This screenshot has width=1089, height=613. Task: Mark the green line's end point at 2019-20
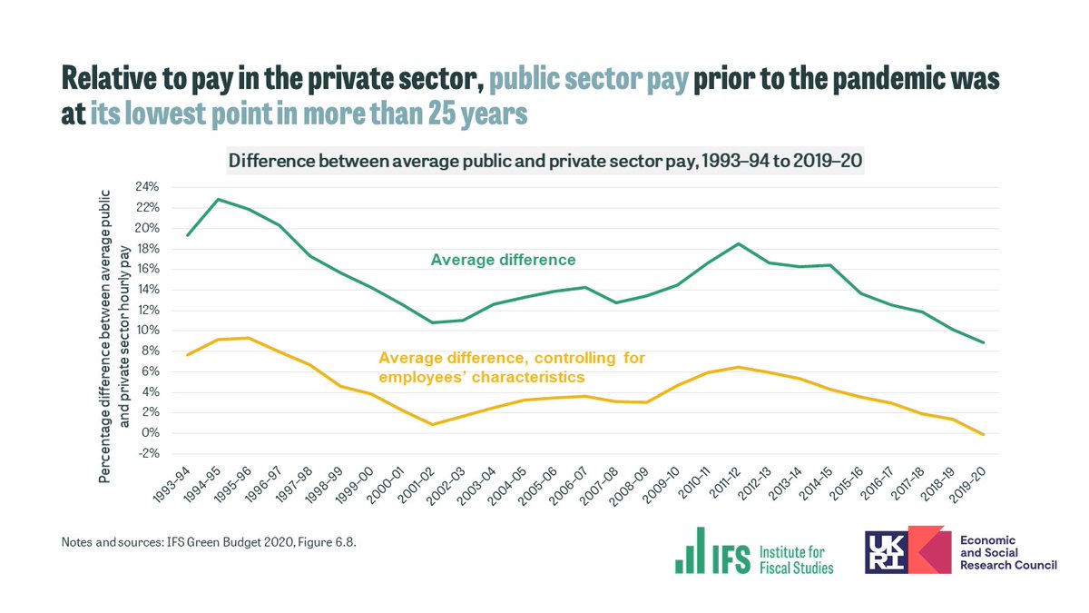pos(984,342)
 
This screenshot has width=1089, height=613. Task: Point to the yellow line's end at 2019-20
pos(984,435)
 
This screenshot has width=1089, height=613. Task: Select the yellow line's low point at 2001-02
pos(432,424)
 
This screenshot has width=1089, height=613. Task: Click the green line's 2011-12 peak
pos(739,243)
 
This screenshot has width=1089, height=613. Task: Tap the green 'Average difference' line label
pos(503,260)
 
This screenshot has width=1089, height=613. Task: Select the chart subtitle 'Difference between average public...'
pos(544,162)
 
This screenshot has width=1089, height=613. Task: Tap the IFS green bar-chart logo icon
pos(691,550)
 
